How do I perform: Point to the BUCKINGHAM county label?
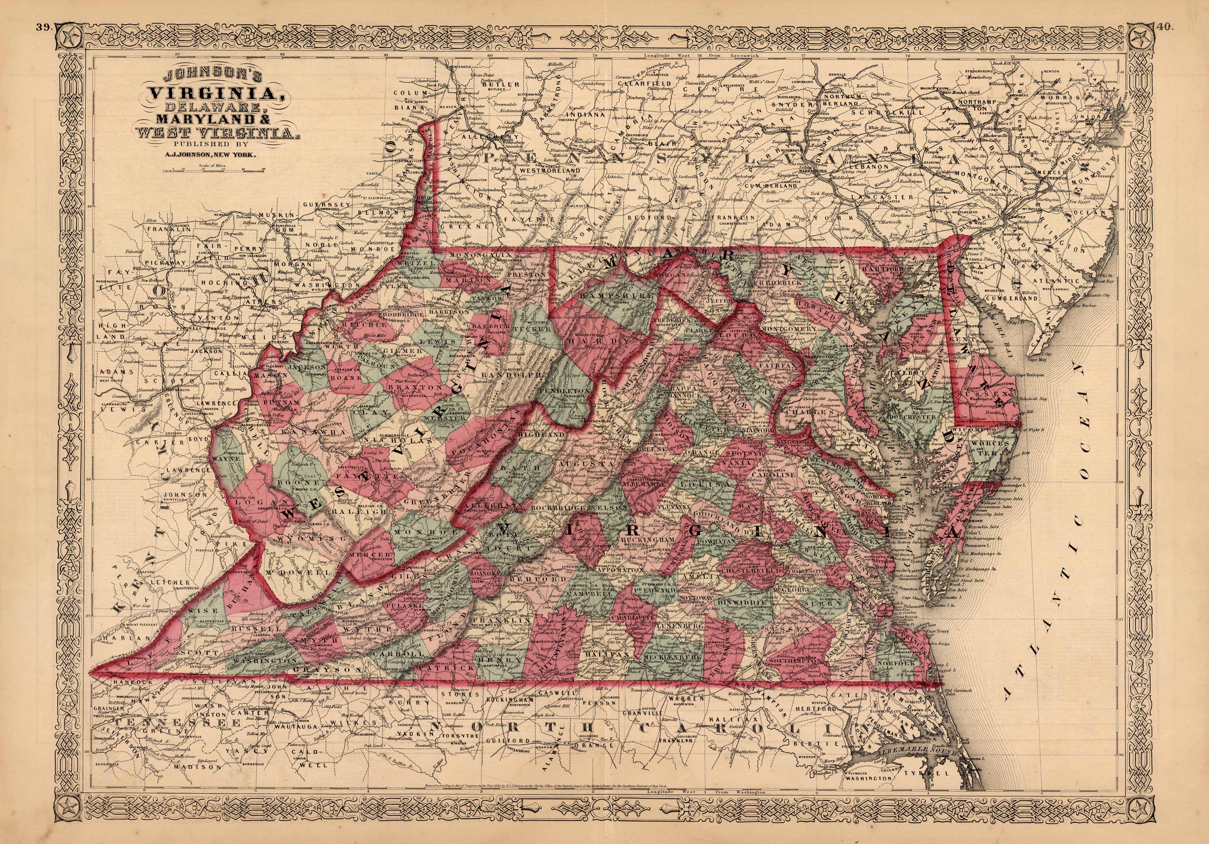coord(647,540)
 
